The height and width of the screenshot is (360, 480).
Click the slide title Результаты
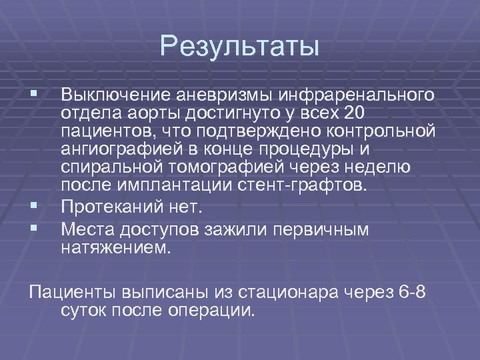[x=240, y=47]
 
